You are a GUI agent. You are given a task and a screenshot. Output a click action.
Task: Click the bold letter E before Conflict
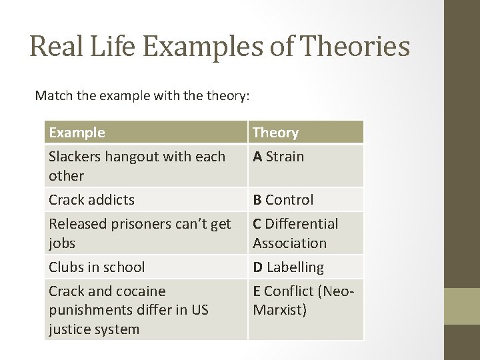click(x=257, y=291)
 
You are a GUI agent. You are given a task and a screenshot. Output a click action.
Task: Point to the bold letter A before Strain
click(x=257, y=157)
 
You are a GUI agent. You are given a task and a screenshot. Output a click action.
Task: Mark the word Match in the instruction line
click(x=53, y=95)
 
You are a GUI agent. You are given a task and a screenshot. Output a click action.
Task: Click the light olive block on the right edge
click(x=462, y=306)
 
